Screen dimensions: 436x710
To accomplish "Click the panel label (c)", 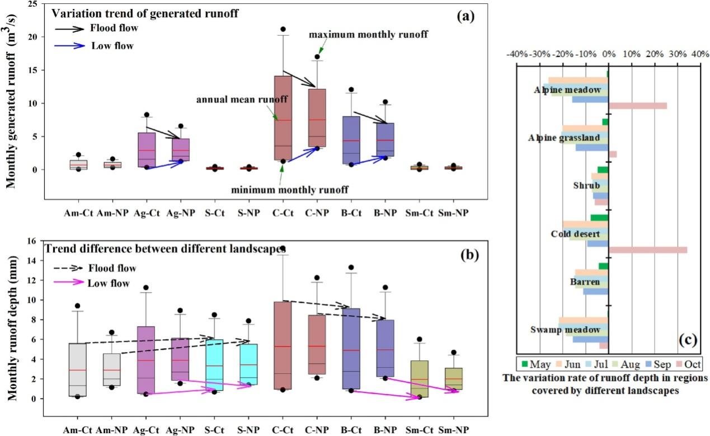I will click(687, 339).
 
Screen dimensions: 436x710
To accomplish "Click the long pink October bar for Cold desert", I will click(647, 250).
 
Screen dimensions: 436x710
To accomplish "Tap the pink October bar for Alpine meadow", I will click(637, 106).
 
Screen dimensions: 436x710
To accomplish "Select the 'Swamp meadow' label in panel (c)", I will click(566, 330).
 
